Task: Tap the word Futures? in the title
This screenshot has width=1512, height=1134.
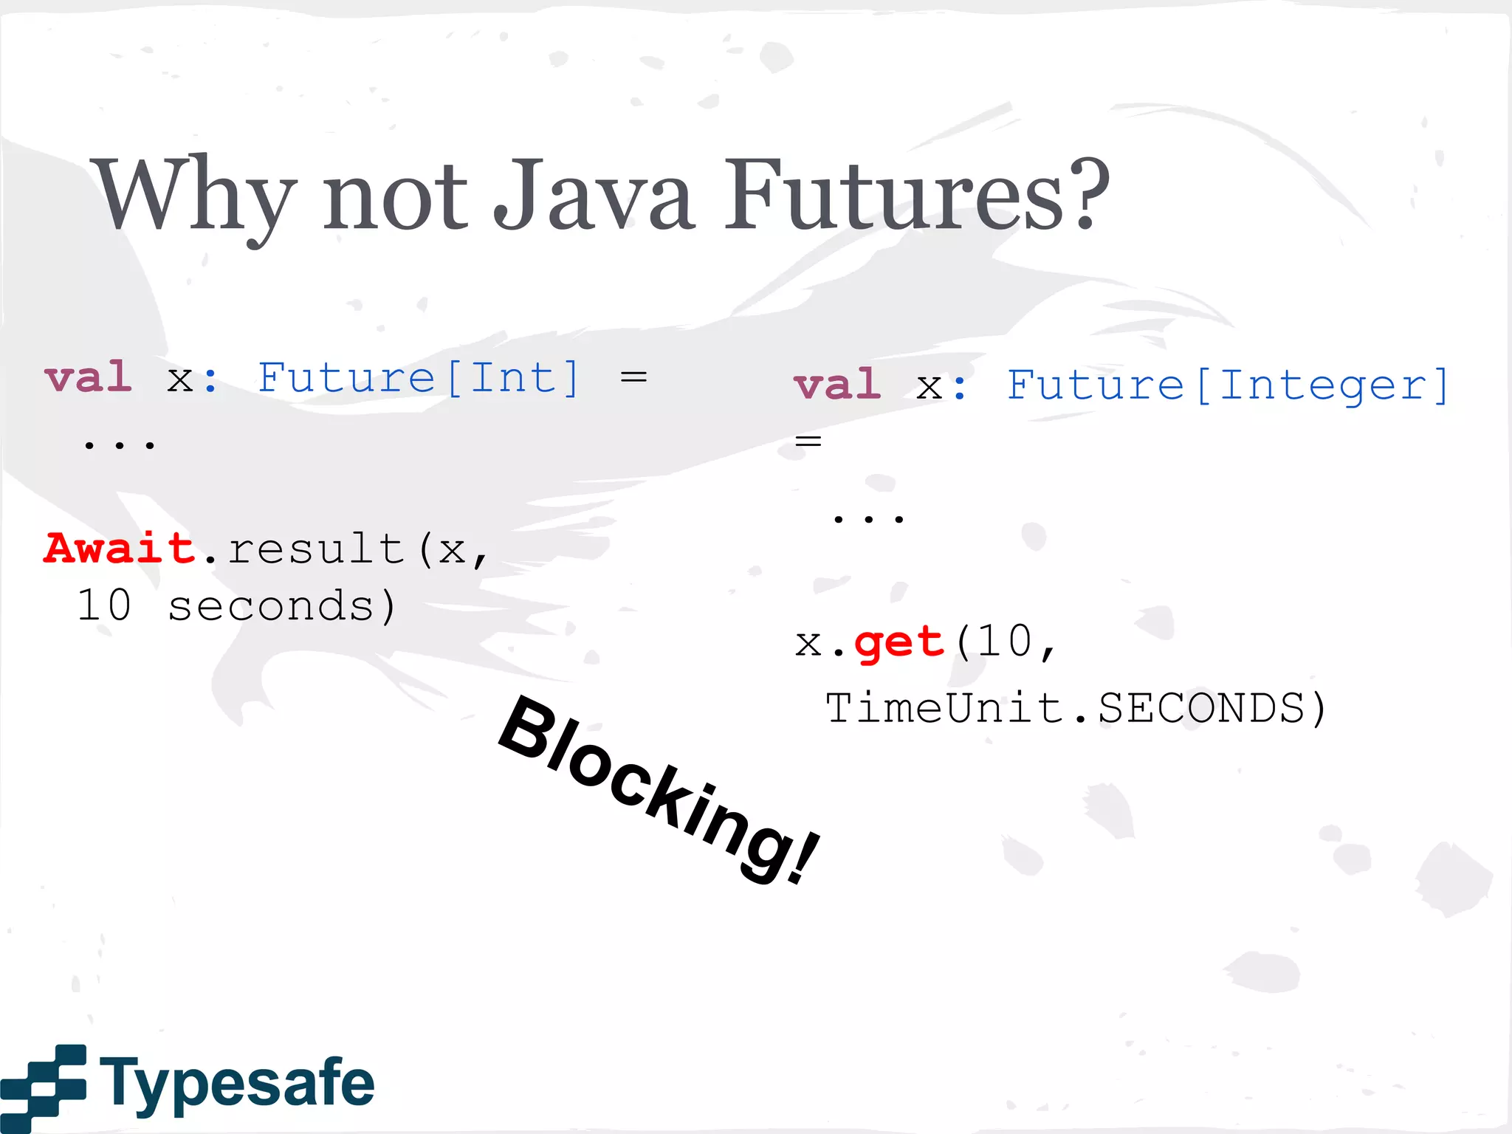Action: click(915, 196)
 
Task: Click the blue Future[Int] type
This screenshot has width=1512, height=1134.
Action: click(419, 379)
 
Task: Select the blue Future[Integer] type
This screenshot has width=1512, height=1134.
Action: click(1228, 386)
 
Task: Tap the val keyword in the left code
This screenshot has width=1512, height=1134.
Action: click(89, 378)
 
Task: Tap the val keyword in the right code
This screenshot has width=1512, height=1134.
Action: click(837, 385)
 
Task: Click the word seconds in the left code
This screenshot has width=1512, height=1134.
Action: click(270, 607)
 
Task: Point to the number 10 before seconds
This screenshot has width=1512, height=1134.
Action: click(104, 605)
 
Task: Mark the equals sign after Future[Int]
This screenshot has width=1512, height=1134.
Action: click(633, 377)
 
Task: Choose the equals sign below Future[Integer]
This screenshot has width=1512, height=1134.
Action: click(808, 441)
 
